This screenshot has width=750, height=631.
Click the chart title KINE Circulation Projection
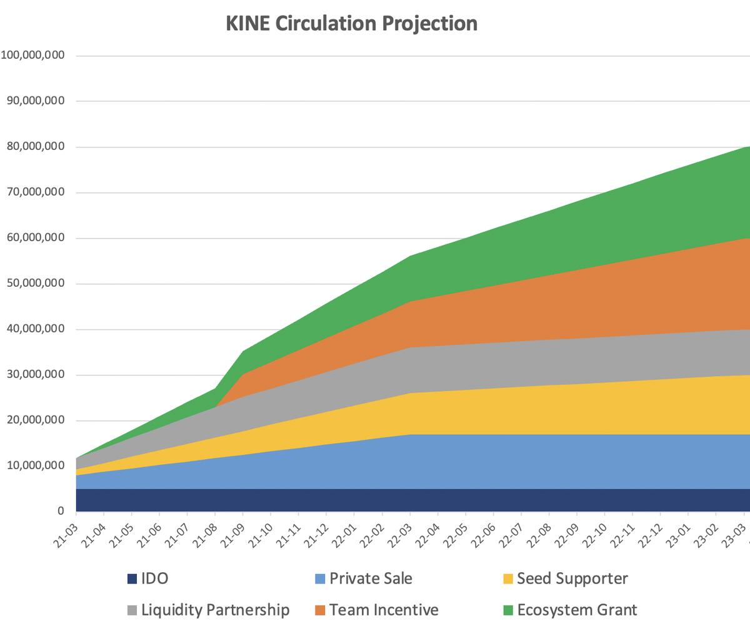point(351,24)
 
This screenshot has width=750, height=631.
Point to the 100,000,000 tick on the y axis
point(32,55)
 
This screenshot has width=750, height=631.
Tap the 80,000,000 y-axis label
point(36,147)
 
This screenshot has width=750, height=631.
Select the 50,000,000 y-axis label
point(36,283)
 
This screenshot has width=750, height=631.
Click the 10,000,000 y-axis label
point(36,465)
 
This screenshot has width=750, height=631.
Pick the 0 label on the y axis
point(61,511)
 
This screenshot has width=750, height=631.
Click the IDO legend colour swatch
point(132,579)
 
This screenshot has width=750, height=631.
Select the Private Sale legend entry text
point(371,579)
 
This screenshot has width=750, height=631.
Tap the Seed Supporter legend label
point(572,579)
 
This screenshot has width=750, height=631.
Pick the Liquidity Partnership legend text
point(215,610)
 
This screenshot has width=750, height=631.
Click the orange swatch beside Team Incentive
point(320,610)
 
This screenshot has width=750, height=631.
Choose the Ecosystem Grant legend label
point(577,610)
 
